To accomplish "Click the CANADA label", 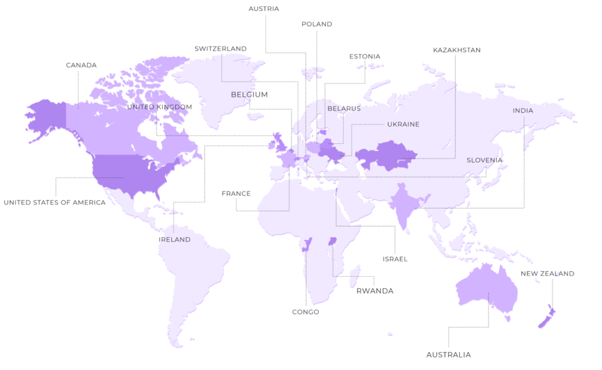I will click(81, 65).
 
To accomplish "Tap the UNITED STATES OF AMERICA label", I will click(55, 203).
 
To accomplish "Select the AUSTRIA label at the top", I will click(264, 9).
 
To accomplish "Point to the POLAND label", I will click(317, 24).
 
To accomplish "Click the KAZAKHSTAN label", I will click(457, 50).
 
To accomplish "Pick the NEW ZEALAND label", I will click(547, 274).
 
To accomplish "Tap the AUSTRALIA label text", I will click(449, 355).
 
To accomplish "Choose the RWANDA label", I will click(375, 291).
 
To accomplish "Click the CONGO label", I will click(306, 312).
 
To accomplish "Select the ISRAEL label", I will click(395, 259).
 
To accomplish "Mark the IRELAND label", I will click(175, 240).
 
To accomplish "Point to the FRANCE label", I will click(236, 193).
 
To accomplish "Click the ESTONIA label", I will click(364, 56).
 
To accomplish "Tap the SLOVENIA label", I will click(485, 160).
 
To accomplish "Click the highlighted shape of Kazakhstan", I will click(385, 155).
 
